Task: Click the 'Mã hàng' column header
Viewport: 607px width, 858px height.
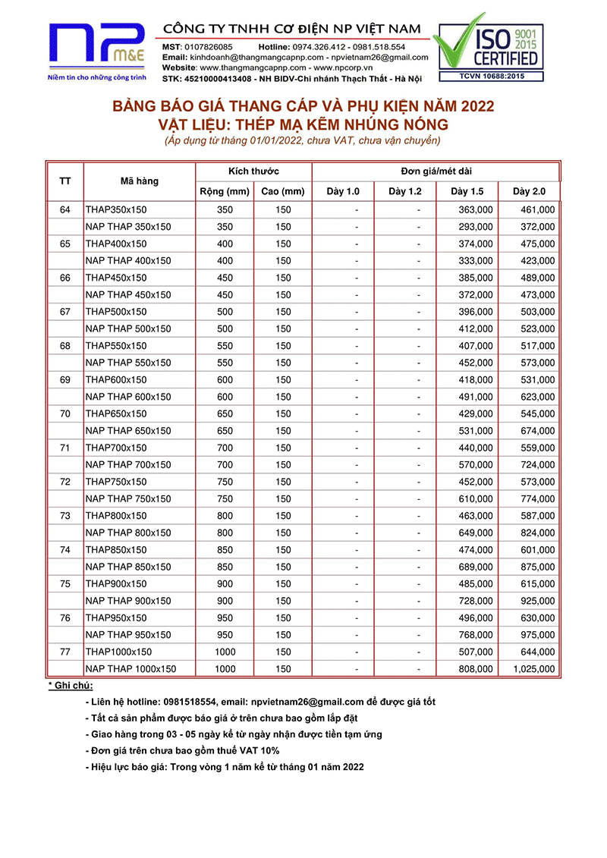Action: coord(140,181)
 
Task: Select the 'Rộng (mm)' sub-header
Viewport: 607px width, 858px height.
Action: coord(225,191)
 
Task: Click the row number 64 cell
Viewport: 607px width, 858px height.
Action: coord(65,209)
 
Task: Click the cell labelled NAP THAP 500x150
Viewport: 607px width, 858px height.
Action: coord(128,328)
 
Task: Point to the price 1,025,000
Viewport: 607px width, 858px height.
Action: coord(534,669)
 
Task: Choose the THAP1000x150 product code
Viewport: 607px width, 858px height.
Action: coord(118,652)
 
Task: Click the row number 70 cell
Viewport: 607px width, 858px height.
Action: coord(65,413)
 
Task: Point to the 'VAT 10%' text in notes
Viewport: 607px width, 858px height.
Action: coord(263,751)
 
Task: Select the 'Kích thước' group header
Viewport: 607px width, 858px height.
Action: coord(253,171)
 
